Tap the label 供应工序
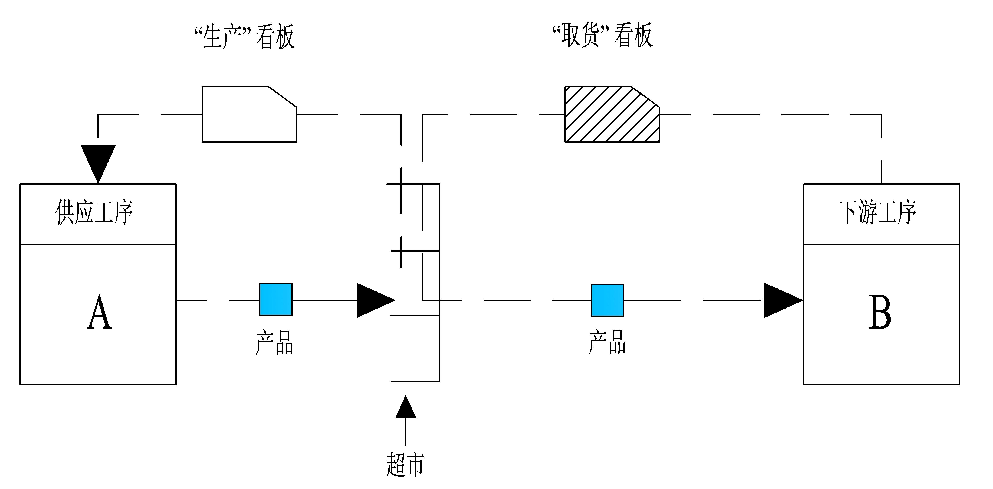pyautogui.click(x=94, y=212)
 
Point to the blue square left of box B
pyautogui.click(x=607, y=300)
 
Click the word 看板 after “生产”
pyautogui.click(x=276, y=37)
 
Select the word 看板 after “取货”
pyautogui.click(x=633, y=35)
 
